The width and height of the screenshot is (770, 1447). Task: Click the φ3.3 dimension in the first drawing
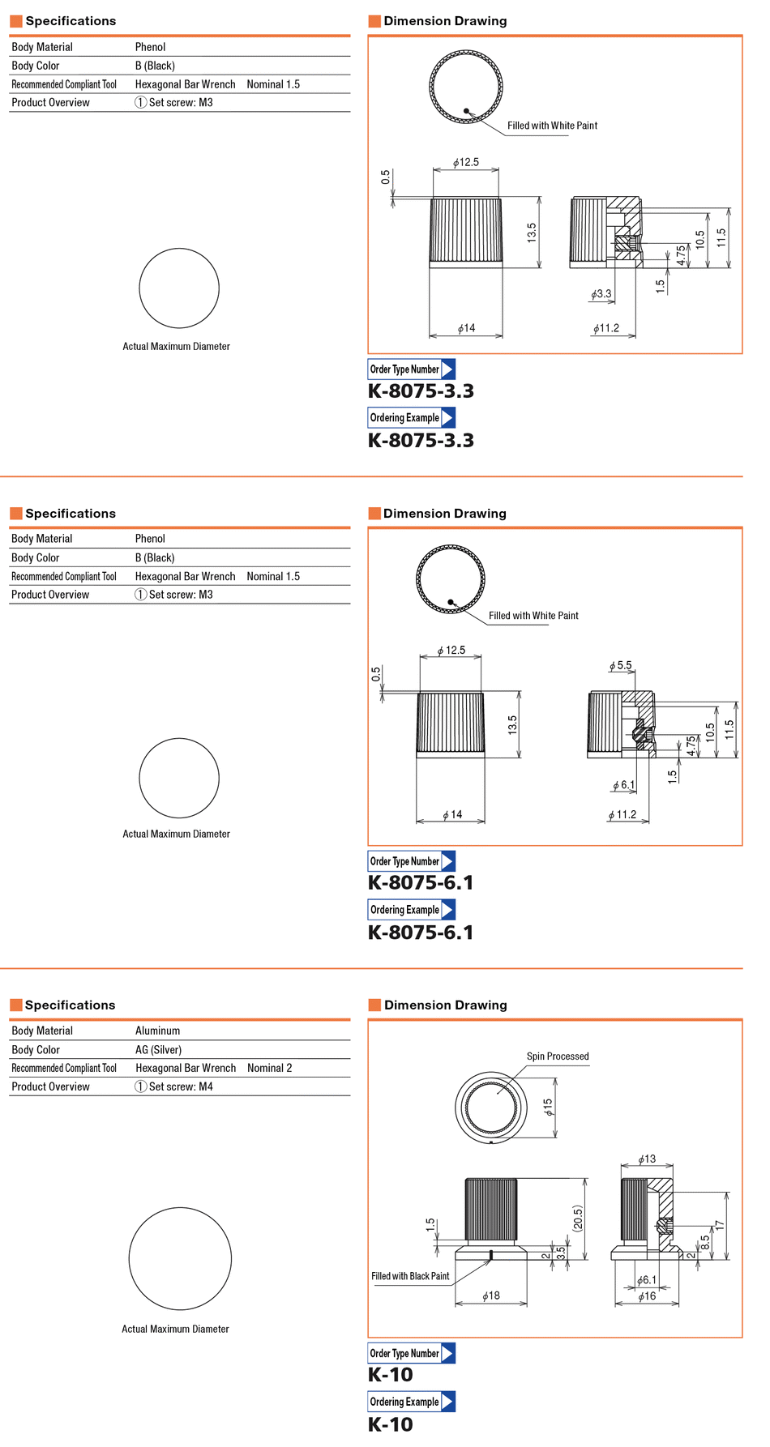point(601,294)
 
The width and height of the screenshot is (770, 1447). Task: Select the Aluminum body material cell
point(157,1031)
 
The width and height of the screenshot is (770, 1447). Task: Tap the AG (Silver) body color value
point(158,1049)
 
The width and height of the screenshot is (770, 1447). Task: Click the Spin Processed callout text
point(558,1056)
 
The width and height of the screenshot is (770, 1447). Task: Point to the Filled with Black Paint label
point(410,1276)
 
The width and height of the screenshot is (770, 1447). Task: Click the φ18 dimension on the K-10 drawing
point(491,1295)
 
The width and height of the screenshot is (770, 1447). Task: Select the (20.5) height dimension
point(578,1219)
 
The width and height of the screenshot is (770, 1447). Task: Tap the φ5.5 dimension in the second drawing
point(621,665)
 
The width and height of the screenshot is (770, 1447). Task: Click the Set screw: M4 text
point(181,1086)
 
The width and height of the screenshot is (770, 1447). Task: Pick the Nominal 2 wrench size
point(270,1068)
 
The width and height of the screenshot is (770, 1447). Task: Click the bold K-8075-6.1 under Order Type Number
point(421,883)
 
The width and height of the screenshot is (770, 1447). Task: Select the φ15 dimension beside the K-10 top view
point(548,1107)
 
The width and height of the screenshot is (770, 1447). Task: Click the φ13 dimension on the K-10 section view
point(647,1159)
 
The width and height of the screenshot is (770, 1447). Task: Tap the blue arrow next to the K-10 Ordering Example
point(448,1402)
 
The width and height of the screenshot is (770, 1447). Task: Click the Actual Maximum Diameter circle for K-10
point(180,1258)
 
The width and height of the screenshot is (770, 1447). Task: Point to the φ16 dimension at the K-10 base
point(647,1296)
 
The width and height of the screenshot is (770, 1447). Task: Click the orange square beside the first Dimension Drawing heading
point(374,21)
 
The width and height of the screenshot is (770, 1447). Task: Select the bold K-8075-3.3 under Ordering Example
point(421,441)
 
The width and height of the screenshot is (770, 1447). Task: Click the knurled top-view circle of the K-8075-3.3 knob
point(466,86)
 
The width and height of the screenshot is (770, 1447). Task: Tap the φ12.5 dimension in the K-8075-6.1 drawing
point(451,650)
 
